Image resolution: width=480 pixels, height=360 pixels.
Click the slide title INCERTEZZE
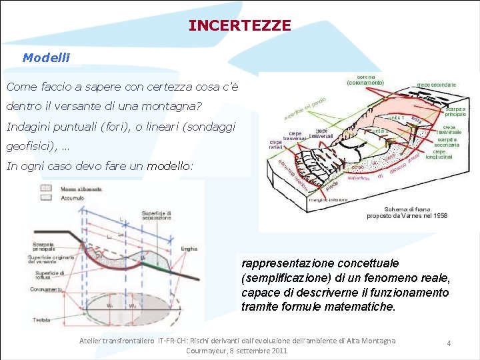point(239,25)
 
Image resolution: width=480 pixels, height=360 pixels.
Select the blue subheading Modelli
point(46,57)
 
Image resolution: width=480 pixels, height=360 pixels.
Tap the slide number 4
point(449,343)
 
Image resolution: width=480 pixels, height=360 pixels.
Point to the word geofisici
point(29,146)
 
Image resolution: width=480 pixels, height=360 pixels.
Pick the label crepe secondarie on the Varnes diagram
point(437,85)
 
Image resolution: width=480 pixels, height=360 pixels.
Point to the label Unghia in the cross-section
point(189,248)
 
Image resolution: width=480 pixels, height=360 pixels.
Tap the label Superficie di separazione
point(156,215)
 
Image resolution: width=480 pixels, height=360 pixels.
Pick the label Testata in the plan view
point(41,320)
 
